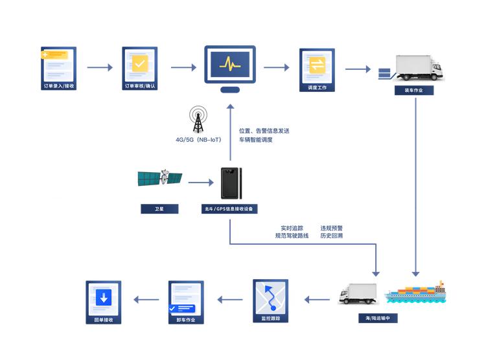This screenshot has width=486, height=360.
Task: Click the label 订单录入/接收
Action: (59, 85)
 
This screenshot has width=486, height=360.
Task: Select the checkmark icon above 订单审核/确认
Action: (140, 63)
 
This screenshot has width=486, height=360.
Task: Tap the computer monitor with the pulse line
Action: (229, 65)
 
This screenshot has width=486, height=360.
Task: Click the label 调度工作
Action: (317, 85)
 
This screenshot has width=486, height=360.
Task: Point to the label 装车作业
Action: (414, 91)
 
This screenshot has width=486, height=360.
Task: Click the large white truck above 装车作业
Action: (418, 67)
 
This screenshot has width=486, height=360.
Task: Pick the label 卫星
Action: (159, 209)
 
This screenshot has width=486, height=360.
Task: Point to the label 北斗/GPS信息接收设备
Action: (230, 209)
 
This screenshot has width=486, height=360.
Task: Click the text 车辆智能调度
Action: (256, 140)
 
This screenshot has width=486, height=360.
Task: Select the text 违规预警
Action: (331, 228)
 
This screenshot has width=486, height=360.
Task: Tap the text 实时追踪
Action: (292, 228)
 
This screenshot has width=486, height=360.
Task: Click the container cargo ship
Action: (415, 293)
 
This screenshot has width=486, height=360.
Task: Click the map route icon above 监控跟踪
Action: (270, 297)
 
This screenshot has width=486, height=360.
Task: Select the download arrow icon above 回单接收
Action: (103, 297)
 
